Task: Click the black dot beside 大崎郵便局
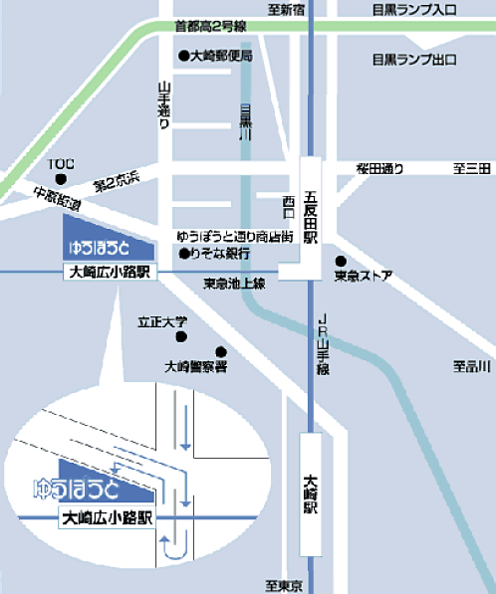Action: (183, 56)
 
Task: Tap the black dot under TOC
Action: (61, 179)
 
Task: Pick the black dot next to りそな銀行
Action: (184, 254)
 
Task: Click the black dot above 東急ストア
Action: (340, 261)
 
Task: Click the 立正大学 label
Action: (160, 323)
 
